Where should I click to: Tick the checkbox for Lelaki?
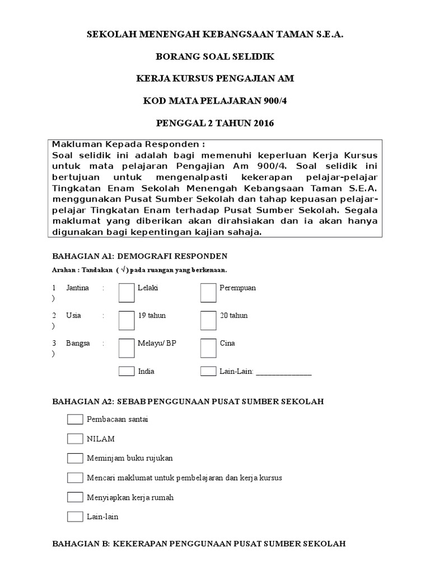point(127,292)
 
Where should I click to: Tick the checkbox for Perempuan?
point(208,292)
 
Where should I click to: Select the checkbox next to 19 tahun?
point(127,320)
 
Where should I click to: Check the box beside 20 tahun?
point(208,320)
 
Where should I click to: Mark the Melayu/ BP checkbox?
point(127,347)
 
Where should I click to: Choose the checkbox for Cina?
point(208,347)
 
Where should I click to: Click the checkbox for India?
point(127,371)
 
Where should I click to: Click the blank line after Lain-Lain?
point(283,372)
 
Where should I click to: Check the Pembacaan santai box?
point(75,419)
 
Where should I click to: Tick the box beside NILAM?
point(75,439)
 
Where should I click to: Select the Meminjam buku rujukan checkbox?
point(75,458)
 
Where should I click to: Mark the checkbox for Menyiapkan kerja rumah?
point(75,497)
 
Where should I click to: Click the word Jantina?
point(77,288)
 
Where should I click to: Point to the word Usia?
point(73,316)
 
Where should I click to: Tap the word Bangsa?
point(78,344)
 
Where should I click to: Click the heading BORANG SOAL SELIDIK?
point(215,57)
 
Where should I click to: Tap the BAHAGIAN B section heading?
point(198,543)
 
